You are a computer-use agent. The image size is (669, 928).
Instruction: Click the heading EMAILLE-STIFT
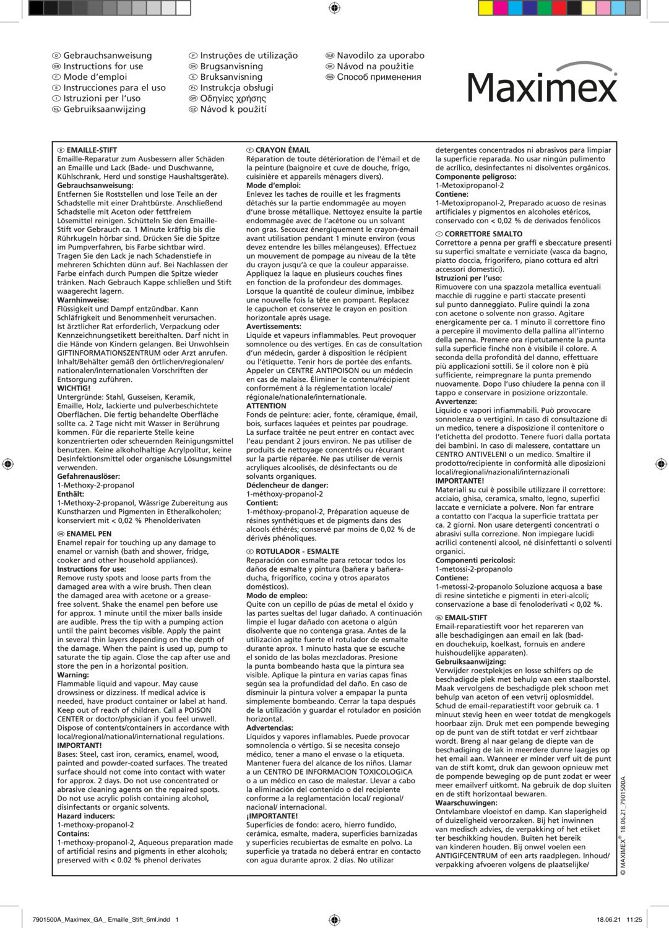click(92, 150)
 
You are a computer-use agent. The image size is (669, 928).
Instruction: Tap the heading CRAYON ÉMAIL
click(282, 150)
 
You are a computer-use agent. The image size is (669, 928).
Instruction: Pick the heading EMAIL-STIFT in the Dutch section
click(465, 617)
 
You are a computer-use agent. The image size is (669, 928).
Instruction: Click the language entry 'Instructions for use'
click(103, 66)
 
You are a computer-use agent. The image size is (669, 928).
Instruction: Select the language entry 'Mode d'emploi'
click(95, 77)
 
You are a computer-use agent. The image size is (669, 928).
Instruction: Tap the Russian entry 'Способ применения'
click(379, 77)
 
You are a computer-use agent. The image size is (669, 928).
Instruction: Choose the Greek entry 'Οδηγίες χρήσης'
click(233, 98)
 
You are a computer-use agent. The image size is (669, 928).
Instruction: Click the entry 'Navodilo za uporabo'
click(381, 55)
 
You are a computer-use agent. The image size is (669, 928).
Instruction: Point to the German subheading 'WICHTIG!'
click(74, 389)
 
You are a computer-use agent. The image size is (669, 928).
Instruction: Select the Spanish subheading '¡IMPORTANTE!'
click(272, 816)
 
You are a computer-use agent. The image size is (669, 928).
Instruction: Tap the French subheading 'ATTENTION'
click(266, 406)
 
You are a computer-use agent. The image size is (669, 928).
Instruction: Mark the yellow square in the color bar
click(486, 8)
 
